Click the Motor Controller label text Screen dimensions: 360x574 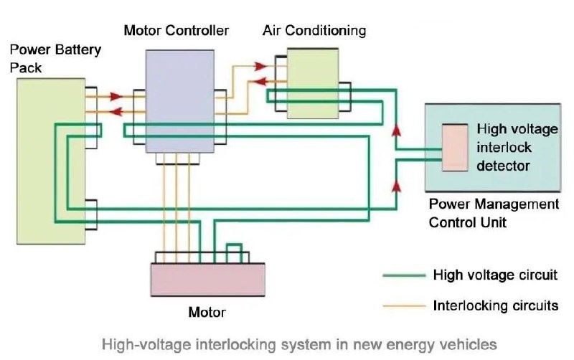click(x=176, y=30)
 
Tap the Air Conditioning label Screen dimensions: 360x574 click(x=314, y=30)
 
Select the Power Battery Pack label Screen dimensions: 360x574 click(x=55, y=59)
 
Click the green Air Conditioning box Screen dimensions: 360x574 click(x=313, y=82)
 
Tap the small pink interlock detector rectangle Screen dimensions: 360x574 click(x=454, y=147)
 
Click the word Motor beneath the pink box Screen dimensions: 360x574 click(x=207, y=312)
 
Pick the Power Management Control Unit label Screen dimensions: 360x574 click(x=493, y=213)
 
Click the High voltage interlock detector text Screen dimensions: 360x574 click(x=516, y=148)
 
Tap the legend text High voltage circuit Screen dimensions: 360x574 click(x=494, y=275)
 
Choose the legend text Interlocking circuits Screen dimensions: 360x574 click(x=495, y=306)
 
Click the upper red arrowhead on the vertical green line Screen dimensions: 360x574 click(x=395, y=132)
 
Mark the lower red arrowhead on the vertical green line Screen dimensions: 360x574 click(x=395, y=186)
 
